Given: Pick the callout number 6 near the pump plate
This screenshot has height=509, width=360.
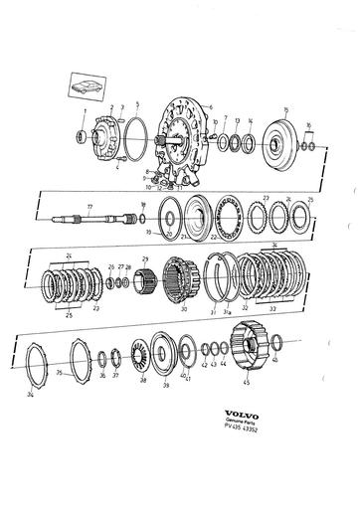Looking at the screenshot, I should tap(211, 106).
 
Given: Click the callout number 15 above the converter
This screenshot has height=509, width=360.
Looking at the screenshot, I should tap(286, 109).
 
